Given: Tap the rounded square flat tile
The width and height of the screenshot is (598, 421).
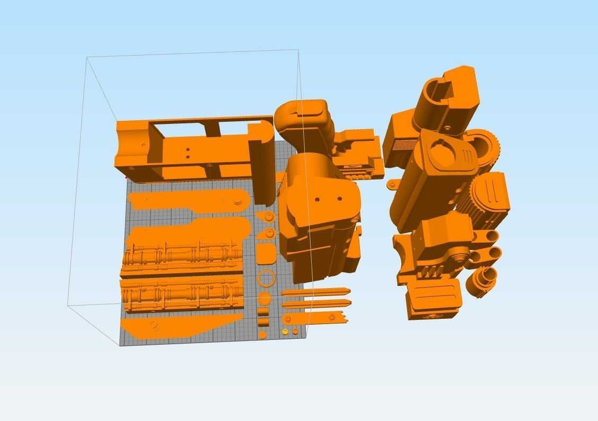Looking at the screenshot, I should [x=266, y=253].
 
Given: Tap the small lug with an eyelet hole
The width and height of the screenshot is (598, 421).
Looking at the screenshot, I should [x=392, y=185].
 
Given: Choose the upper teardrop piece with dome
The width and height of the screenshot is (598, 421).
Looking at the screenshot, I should [x=266, y=217].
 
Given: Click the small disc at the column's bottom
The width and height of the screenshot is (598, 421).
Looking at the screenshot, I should [x=263, y=334].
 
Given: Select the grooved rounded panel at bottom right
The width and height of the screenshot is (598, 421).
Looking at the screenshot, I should [x=432, y=300].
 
